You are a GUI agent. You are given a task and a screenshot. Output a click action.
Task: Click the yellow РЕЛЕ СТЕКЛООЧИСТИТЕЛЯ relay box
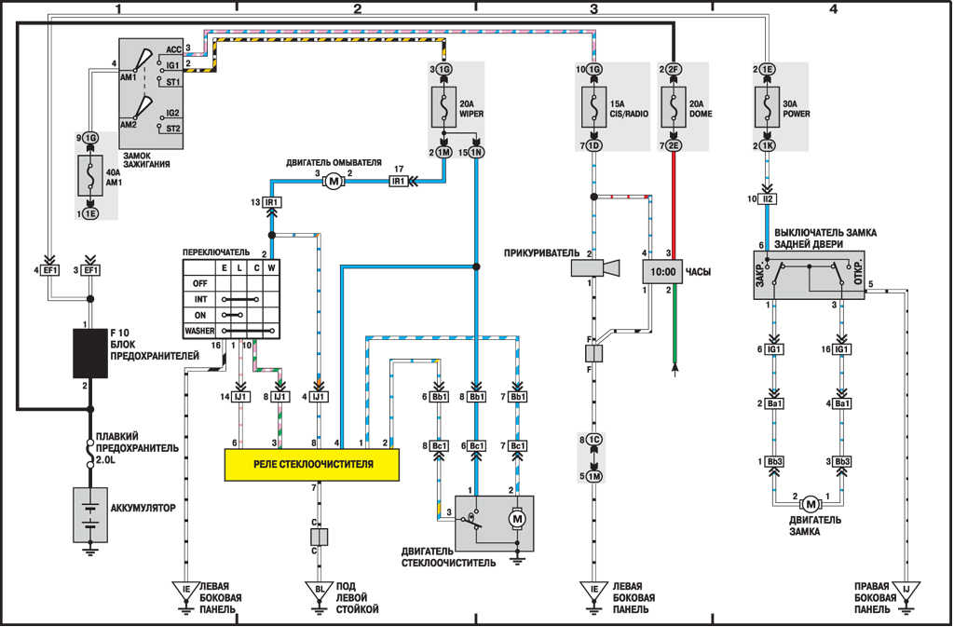click(311, 464)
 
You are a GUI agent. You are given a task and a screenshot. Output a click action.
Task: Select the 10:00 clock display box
click(661, 272)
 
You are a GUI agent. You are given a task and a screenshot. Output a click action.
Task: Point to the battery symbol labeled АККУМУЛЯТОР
click(90, 514)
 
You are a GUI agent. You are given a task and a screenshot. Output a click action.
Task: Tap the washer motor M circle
click(334, 182)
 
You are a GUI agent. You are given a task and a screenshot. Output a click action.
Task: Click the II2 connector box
click(766, 199)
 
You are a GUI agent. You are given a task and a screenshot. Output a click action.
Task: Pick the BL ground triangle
click(319, 590)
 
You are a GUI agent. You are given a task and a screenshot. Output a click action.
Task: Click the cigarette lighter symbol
click(594, 268)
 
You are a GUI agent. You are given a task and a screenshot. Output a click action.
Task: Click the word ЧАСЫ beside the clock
click(698, 272)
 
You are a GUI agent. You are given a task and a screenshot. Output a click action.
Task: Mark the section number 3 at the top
click(593, 9)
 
